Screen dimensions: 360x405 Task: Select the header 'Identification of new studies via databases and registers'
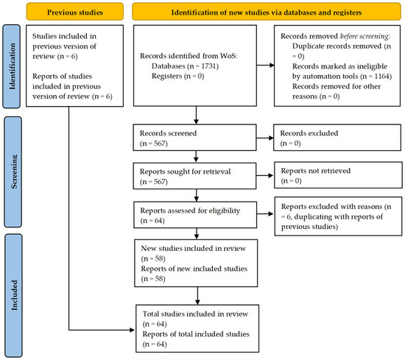click(x=267, y=12)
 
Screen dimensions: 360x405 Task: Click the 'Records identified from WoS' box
click(x=194, y=66)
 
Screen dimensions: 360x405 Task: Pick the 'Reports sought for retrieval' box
click(x=194, y=174)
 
